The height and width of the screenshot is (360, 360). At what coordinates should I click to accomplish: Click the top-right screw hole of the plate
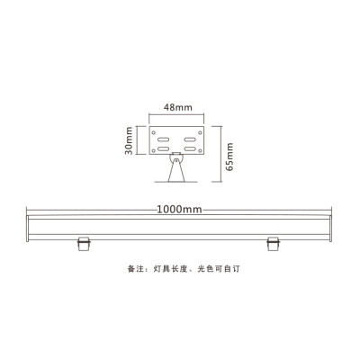(203, 128)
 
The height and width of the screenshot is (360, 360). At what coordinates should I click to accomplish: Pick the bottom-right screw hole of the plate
(203, 151)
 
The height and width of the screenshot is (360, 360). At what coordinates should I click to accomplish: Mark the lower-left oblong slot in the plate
(164, 144)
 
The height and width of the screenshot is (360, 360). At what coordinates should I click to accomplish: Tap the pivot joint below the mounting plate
(176, 163)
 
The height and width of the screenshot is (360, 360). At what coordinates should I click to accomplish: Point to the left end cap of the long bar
(27, 227)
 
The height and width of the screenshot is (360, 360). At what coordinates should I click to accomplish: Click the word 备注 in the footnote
(134, 269)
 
